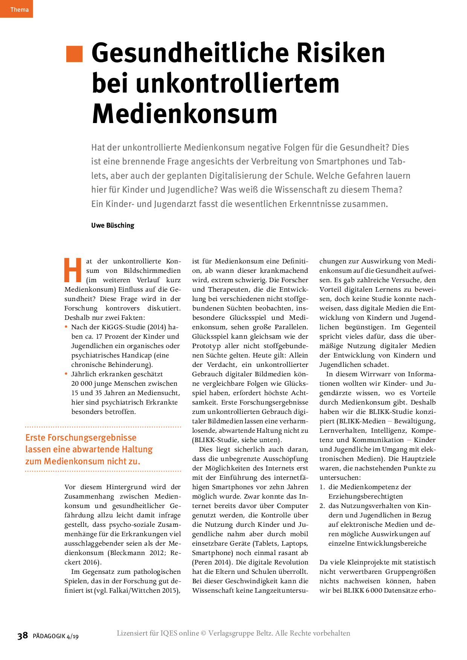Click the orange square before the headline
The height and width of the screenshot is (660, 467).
pyautogui.click(x=74, y=54)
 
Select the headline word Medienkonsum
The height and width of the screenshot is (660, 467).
pyautogui.click(x=185, y=114)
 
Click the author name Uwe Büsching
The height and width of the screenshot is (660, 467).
pyautogui.click(x=113, y=225)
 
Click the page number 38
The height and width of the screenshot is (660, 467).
pyautogui.click(x=23, y=636)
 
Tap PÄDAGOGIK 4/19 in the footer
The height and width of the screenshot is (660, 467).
pyautogui.click(x=56, y=636)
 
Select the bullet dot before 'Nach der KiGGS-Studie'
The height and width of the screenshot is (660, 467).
pyautogui.click(x=66, y=327)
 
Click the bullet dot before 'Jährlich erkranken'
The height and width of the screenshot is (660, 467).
pyautogui.click(x=66, y=374)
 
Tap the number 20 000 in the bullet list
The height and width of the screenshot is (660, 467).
pyautogui.click(x=82, y=383)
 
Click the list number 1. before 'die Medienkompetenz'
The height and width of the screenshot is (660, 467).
pyautogui.click(x=322, y=487)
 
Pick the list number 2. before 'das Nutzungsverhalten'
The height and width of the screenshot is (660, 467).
pyautogui.click(x=322, y=506)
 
